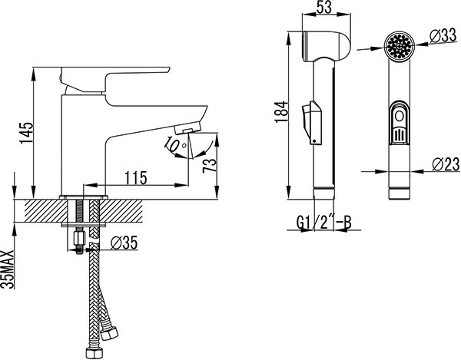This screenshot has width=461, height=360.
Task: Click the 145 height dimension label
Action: [x=27, y=133]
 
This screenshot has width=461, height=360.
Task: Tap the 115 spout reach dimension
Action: [x=136, y=177]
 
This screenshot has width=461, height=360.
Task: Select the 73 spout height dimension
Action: [x=210, y=166]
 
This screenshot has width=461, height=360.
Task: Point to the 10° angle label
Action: [x=174, y=144]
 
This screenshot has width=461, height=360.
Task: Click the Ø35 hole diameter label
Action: [x=124, y=243]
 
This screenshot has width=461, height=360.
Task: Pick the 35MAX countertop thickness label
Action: [x=8, y=269]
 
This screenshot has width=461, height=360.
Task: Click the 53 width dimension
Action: [x=323, y=7]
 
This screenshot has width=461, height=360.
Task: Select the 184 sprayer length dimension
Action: [x=281, y=112]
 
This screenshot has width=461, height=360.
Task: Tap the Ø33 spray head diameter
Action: [x=443, y=36]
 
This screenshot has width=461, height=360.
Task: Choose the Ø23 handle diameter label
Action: [x=446, y=164]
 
